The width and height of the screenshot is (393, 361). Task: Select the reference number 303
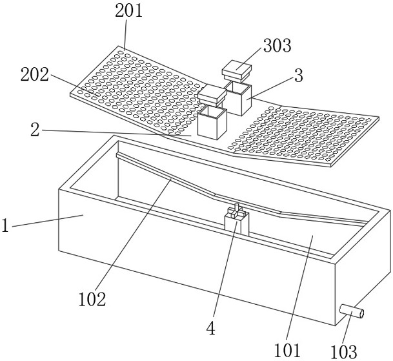click(x=277, y=46)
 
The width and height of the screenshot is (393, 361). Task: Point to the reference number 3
click(x=298, y=76)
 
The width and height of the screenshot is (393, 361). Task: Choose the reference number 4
click(x=210, y=328)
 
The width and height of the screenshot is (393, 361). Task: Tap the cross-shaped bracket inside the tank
click(x=236, y=218)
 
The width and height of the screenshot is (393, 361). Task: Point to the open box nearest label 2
click(x=212, y=122)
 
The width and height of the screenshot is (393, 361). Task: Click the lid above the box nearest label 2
click(x=211, y=96)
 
